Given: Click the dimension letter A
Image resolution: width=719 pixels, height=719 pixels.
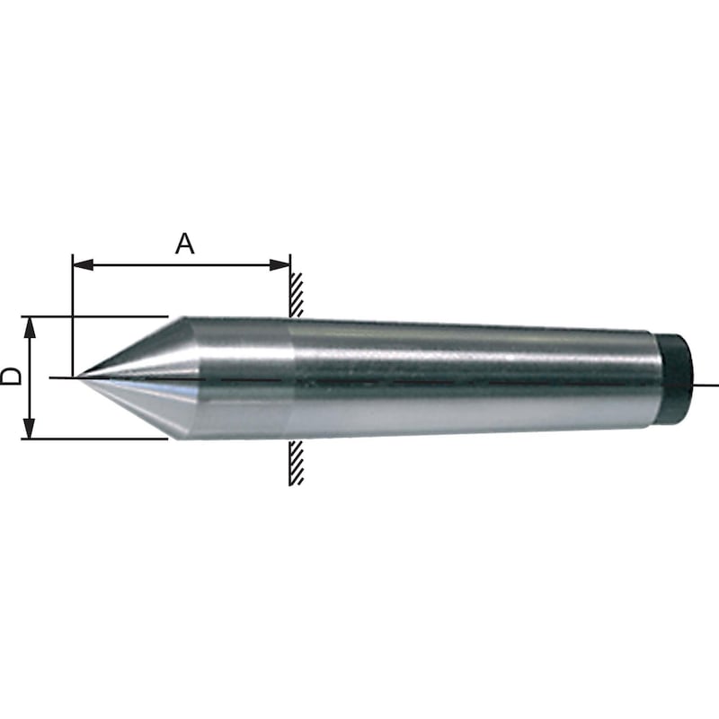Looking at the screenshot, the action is click(x=184, y=244).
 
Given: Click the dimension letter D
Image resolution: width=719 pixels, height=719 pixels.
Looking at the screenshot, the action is click(x=11, y=376).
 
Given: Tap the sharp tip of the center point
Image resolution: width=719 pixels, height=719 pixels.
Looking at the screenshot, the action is click(x=77, y=377).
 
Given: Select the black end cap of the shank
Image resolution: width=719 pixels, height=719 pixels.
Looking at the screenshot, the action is click(x=675, y=381).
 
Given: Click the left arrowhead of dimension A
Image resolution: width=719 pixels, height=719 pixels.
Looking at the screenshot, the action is click(x=83, y=264).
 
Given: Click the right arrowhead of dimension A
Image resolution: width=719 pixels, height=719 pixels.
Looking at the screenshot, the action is click(x=280, y=264).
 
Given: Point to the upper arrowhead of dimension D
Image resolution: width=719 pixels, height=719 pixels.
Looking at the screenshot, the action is click(x=30, y=327).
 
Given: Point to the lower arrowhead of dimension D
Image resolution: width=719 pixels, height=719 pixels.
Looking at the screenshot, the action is click(x=30, y=429).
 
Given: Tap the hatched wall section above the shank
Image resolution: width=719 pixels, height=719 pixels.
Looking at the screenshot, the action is click(x=296, y=295).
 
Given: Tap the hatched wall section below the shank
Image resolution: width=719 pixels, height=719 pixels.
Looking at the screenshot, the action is click(x=296, y=463).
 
